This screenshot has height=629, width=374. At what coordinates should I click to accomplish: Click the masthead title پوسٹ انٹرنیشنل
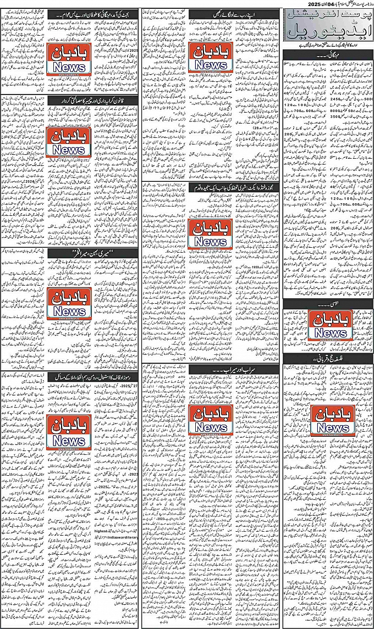pyautogui.click(x=328, y=18)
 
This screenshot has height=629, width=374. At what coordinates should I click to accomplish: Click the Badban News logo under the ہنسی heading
pyautogui.click(x=328, y=325)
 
